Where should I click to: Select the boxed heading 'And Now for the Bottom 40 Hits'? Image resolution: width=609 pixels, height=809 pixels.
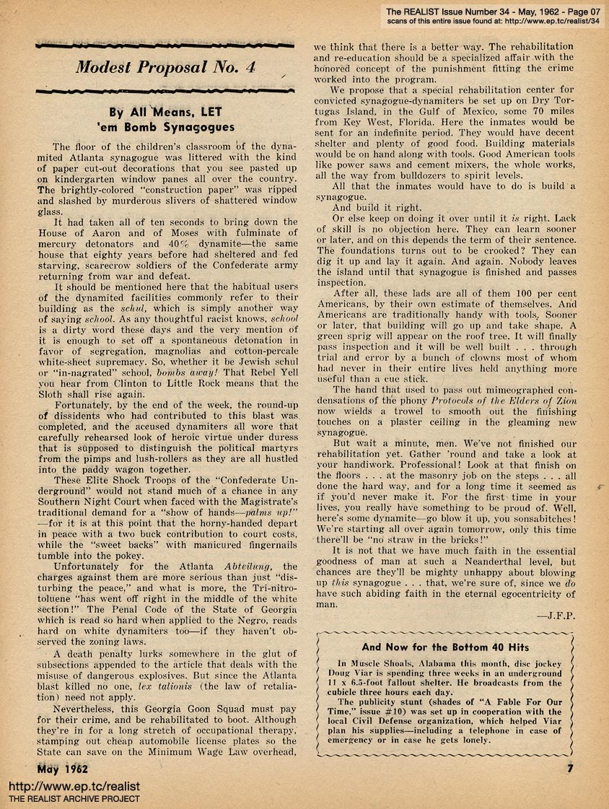[445, 647]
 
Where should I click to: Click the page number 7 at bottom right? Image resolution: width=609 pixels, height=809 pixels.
[569, 768]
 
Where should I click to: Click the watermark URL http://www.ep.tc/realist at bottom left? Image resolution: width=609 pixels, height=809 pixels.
[74, 786]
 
